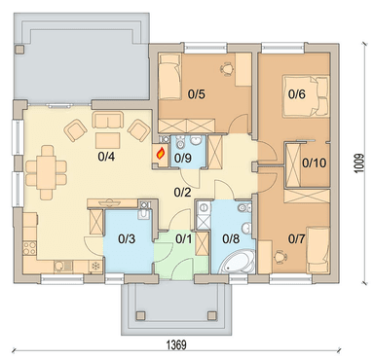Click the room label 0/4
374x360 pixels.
coord(106,157)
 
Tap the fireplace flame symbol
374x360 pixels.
coord(161,153)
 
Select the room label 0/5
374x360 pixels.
coord(197,94)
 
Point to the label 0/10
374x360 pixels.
coord(314,162)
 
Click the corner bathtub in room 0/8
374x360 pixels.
coord(238,263)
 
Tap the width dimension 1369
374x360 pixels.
coord(176,344)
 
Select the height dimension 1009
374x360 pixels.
coord(359,162)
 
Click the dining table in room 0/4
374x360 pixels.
coord(46,172)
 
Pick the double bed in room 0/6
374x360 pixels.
coord(306,96)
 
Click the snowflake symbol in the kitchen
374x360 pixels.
coord(95,267)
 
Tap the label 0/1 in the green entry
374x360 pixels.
coord(184,239)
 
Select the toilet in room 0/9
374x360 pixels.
coord(179,141)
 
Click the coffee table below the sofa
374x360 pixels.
coord(108,141)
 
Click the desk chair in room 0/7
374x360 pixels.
coord(280,257)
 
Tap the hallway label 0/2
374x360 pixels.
coord(182,193)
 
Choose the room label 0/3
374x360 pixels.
coord(127,239)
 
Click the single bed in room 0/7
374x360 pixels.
coord(318,250)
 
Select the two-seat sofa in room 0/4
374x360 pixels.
coord(108,120)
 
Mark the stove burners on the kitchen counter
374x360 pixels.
coord(30,247)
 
